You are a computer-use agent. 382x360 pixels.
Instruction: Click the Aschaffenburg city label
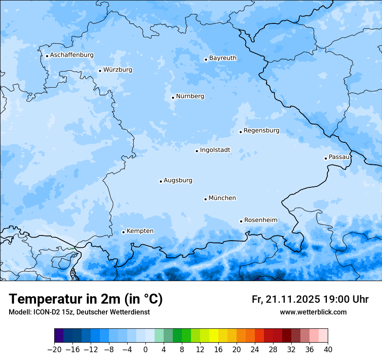[72, 55]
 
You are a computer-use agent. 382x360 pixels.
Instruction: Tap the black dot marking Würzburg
[100, 71]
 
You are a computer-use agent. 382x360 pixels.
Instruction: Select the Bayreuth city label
[223, 58]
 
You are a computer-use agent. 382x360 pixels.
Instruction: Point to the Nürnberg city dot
[173, 98]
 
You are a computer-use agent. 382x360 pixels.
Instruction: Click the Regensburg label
[261, 131]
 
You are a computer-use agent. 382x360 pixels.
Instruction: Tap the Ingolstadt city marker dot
[197, 151]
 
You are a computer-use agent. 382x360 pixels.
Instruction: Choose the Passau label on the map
[339, 157]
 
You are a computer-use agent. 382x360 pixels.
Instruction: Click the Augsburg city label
[178, 180]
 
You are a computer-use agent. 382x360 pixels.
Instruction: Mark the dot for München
[205, 199]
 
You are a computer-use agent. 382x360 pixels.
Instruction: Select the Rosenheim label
[260, 220]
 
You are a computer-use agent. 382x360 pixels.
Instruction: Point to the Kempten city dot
[123, 232]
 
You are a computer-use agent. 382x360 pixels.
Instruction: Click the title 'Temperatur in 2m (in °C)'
[86, 299]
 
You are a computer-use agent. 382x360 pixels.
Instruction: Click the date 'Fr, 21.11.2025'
[286, 299]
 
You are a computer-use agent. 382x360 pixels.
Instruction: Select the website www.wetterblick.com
[313, 312]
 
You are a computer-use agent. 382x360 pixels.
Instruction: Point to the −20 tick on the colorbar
[54, 350]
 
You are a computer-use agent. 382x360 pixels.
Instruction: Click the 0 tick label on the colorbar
[145, 350]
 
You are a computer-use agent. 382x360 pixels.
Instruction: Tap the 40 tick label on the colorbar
[328, 350]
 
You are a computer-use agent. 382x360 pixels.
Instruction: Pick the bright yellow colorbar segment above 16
[214, 336]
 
